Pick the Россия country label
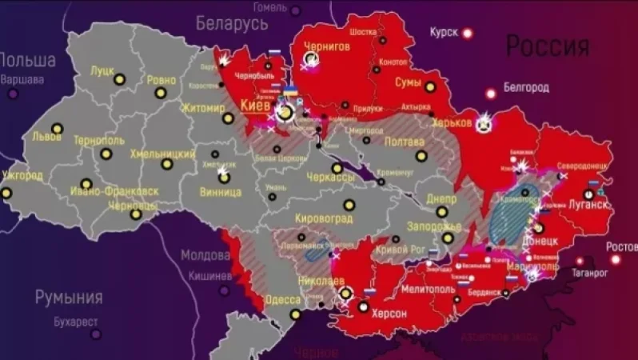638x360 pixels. coord(548,46)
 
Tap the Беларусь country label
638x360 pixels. coord(231,22)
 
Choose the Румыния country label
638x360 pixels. coord(68,297)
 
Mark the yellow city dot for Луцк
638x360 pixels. coord(119,79)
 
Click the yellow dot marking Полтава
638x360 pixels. coord(421,156)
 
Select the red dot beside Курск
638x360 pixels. coord(467,33)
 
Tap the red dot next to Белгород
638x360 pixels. coord(490,94)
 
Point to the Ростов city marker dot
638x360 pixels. coord(616,259)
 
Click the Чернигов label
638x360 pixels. coord(326,46)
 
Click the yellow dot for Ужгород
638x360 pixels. coord(6,193)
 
